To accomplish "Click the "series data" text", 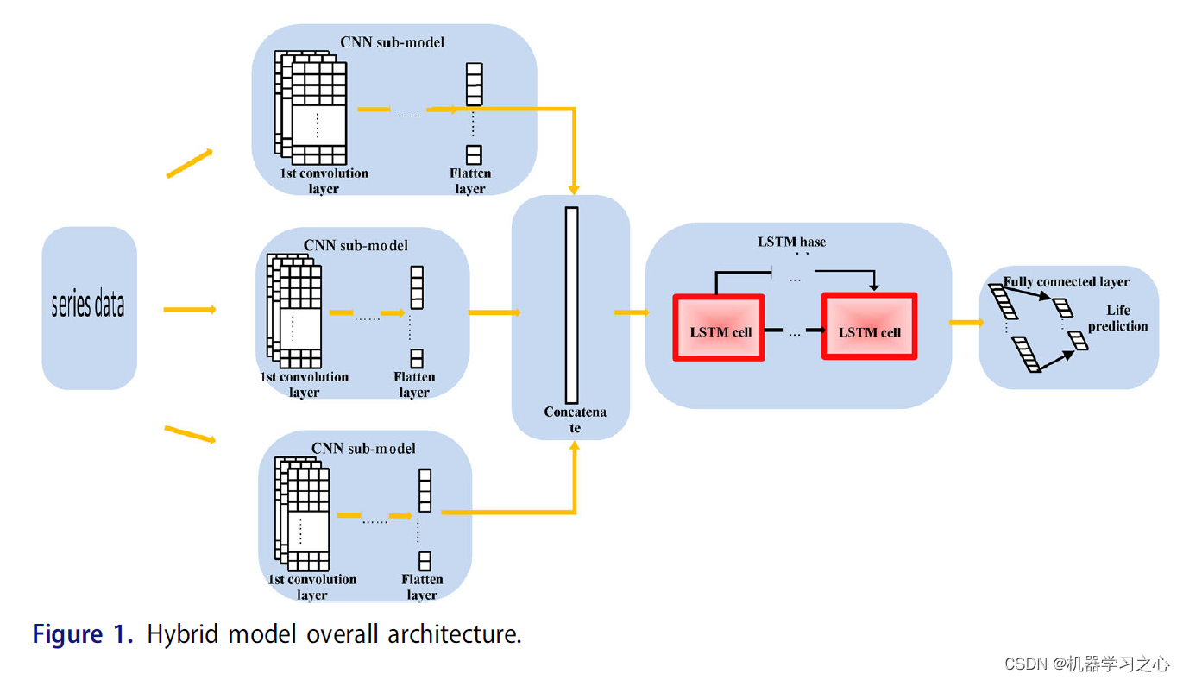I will pyautogui.click(x=88, y=305).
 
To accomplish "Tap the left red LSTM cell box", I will pyautogui.click(x=719, y=328).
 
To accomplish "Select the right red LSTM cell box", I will pyautogui.click(x=869, y=326).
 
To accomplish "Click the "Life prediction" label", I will pyautogui.click(x=1117, y=318).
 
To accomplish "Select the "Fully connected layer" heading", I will pyautogui.click(x=1066, y=281).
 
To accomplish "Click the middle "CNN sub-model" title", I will pyautogui.click(x=356, y=245).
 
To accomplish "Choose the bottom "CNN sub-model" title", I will pyautogui.click(x=363, y=448).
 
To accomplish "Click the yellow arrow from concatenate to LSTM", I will pyautogui.click(x=631, y=312).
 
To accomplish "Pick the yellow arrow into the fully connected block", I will pyautogui.click(x=966, y=323).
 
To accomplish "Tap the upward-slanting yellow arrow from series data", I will pyautogui.click(x=190, y=163).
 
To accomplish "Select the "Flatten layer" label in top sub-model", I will pyautogui.click(x=470, y=180).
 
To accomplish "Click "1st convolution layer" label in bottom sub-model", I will pyautogui.click(x=311, y=587).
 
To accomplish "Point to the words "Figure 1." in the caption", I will pyautogui.click(x=83, y=635).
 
